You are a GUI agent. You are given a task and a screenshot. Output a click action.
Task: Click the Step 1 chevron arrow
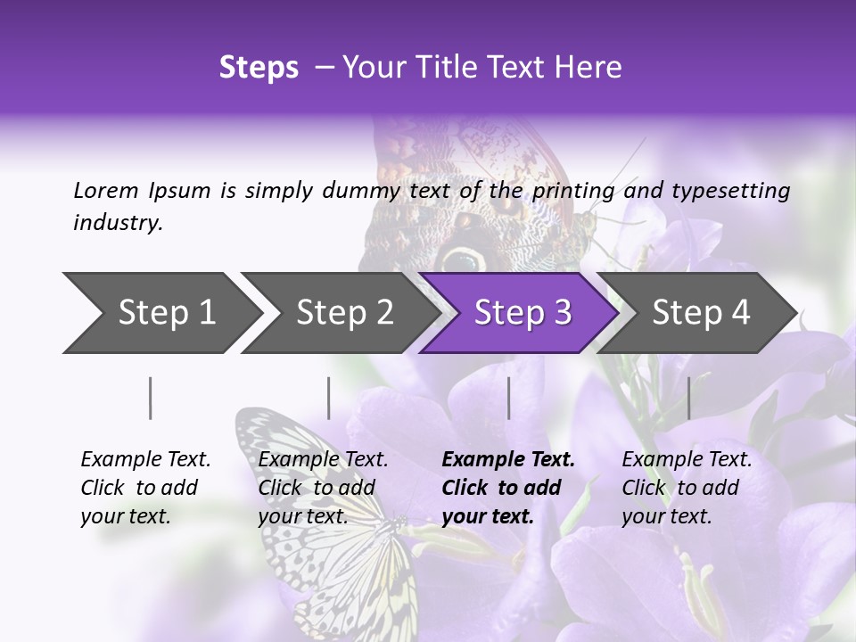point(160,313)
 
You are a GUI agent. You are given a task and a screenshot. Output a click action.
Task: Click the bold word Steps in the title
point(259,67)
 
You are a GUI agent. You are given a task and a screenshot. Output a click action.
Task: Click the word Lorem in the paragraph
point(105,190)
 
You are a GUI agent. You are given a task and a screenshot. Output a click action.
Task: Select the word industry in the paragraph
point(117,223)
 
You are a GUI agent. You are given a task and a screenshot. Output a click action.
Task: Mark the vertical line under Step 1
point(151,398)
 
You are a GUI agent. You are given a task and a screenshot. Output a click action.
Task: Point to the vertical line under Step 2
point(329,398)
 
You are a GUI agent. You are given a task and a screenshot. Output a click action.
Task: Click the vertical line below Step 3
point(509,398)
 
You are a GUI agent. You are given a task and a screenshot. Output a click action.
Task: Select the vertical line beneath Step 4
point(689,398)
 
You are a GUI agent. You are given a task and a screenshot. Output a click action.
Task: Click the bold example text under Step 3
point(506,488)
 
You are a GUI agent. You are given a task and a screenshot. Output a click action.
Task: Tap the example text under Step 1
point(144,488)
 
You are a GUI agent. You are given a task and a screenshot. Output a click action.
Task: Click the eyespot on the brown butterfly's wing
point(463,259)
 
